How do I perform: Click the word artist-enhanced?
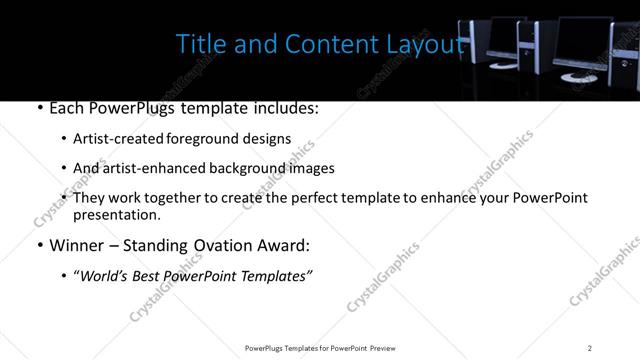[x=146, y=168]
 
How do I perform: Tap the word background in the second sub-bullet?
[x=233, y=168]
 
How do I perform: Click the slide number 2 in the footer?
[x=590, y=348]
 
